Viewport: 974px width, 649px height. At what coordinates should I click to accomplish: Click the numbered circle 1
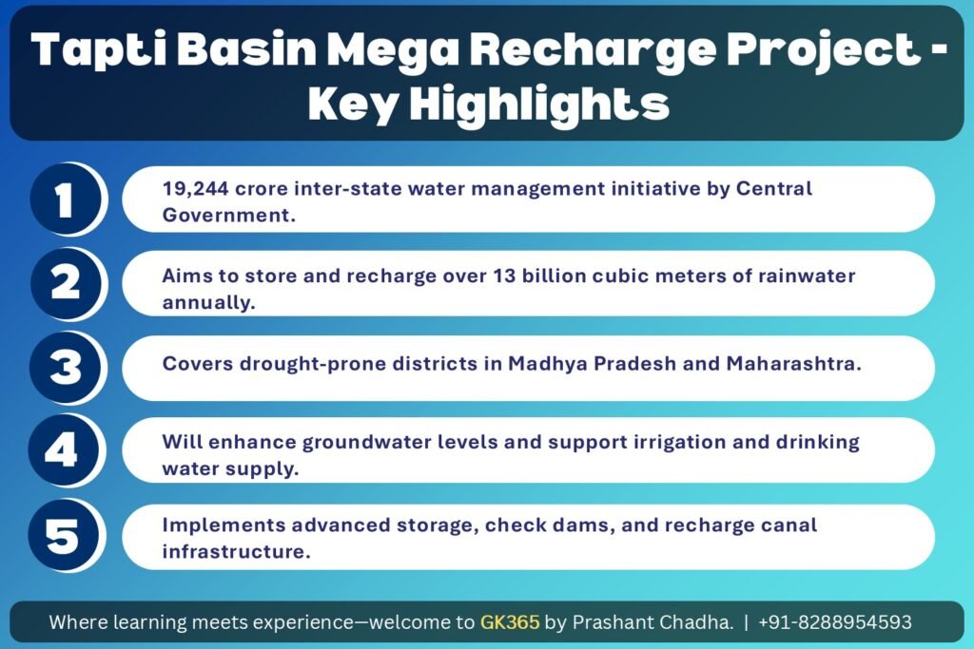coord(66,200)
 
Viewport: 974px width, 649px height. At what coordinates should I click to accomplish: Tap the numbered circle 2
coord(66,283)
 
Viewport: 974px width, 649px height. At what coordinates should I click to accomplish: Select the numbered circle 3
coord(66,368)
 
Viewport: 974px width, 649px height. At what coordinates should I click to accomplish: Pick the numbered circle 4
coord(64,449)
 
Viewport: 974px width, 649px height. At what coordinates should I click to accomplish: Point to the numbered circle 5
coord(64,535)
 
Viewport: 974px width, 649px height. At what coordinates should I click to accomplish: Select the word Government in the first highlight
coord(226,216)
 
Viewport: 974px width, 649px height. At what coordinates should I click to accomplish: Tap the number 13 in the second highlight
coord(504,276)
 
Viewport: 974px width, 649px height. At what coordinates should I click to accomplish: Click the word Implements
coord(224,526)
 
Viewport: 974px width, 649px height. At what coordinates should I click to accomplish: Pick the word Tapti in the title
coord(98,49)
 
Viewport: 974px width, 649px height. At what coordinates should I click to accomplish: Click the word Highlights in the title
coord(539,105)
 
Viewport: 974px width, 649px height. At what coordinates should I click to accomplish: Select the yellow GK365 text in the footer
coord(510,621)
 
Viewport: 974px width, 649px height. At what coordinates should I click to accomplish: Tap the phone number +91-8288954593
coord(835,621)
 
